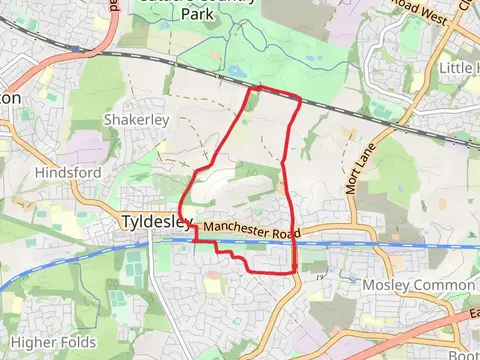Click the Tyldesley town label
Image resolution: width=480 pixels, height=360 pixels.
click(150, 221)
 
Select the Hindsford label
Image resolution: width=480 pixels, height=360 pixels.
click(68, 173)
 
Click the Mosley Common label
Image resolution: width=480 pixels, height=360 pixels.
click(406, 285)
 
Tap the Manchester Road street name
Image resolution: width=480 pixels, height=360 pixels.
click(254, 231)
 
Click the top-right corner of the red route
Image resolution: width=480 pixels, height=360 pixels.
click(299, 97)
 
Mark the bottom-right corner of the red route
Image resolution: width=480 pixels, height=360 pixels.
click(295, 271)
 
